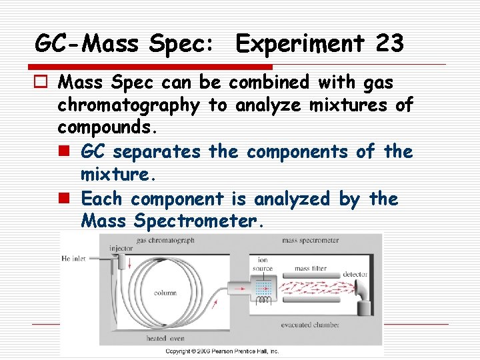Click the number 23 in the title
(389, 44)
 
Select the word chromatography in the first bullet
(128, 105)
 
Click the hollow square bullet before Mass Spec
(43, 83)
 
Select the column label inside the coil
(165, 292)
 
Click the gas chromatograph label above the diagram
(165, 240)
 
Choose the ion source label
(263, 265)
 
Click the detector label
(356, 274)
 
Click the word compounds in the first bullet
(107, 126)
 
